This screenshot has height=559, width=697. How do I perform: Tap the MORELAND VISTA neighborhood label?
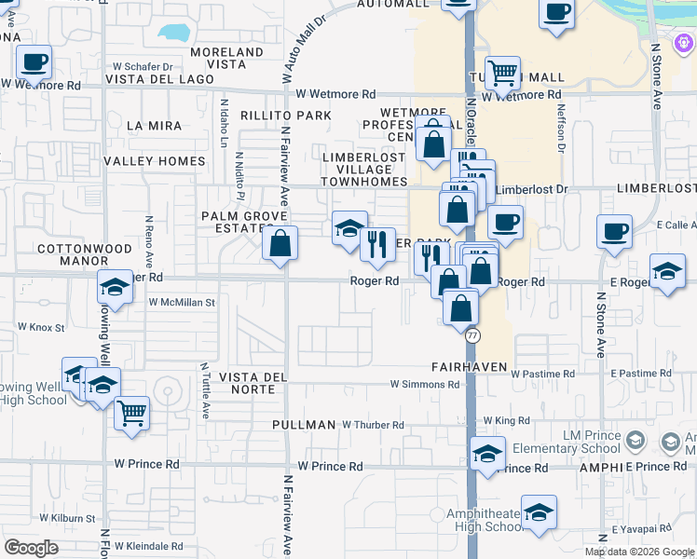(227, 59)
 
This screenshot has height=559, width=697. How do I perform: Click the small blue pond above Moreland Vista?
(174, 33)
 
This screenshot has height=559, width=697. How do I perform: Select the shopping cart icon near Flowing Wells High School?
(132, 412)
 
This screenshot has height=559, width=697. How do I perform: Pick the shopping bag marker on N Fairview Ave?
(280, 244)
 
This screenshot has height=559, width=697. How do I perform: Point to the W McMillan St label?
(182, 303)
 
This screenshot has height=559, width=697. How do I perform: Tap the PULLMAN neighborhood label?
(304, 425)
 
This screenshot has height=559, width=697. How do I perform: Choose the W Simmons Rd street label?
(425, 384)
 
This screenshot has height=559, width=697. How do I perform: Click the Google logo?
(31, 548)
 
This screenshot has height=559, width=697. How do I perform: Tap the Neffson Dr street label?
(561, 129)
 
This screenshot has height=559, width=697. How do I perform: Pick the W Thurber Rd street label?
(373, 425)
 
